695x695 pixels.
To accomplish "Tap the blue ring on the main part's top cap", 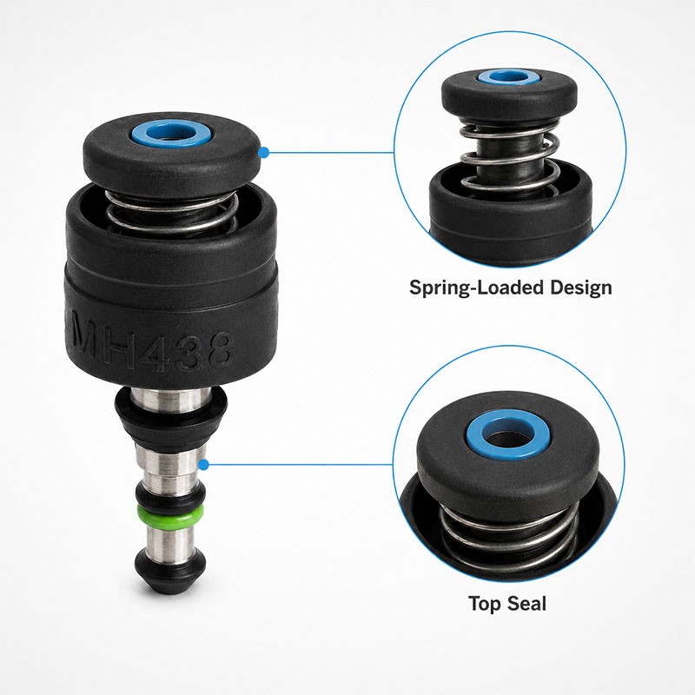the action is [x=170, y=134].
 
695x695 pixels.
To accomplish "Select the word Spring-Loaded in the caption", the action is [x=477, y=288].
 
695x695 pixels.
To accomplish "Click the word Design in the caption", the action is [x=581, y=288].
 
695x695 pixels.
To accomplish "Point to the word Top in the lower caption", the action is [x=486, y=604].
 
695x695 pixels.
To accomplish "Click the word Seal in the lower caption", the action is [x=527, y=603].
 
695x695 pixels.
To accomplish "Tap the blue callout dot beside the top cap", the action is [x=264, y=153].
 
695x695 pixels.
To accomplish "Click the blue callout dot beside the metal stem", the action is [x=203, y=465].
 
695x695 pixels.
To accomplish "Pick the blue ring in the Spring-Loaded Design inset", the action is [x=509, y=77].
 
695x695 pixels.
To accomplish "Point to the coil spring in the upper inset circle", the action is [x=509, y=160].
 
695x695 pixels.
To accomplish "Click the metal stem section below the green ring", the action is [x=170, y=538].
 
